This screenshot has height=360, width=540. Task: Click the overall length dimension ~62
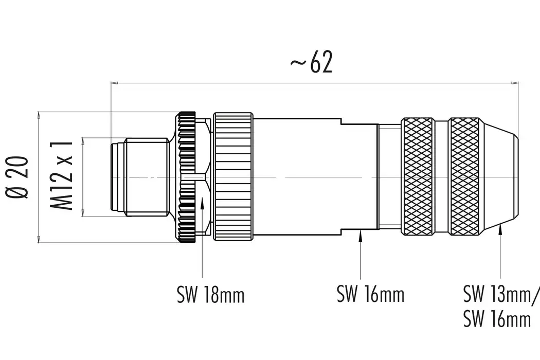coord(312,63)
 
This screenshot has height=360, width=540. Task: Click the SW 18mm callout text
coord(210,295)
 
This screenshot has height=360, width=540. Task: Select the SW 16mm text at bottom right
coord(496,319)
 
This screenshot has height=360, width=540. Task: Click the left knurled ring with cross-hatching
coord(417,177)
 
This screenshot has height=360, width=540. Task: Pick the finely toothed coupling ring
coord(186,177)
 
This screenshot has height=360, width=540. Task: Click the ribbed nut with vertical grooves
coord(233,177)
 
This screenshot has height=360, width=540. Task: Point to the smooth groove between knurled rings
coord(441,177)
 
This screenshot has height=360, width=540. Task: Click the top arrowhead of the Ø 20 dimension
coord(38,115)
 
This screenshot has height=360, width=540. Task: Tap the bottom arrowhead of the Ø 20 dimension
coord(38,239)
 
